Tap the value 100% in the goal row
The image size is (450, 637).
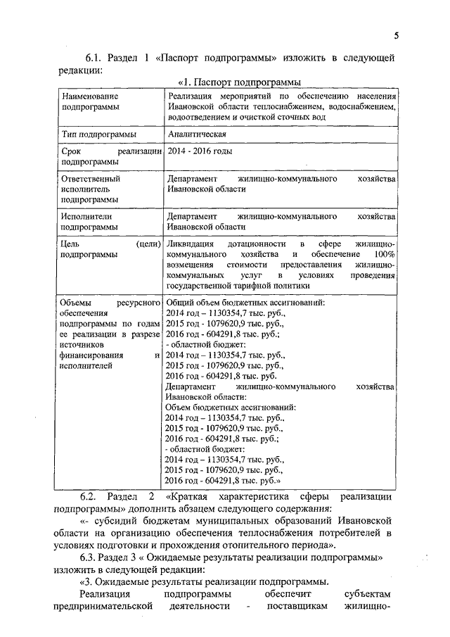coord(385,253)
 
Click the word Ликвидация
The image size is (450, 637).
coord(189,242)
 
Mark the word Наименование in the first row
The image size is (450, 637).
coord(89,95)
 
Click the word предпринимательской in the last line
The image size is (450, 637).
coord(105,606)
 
